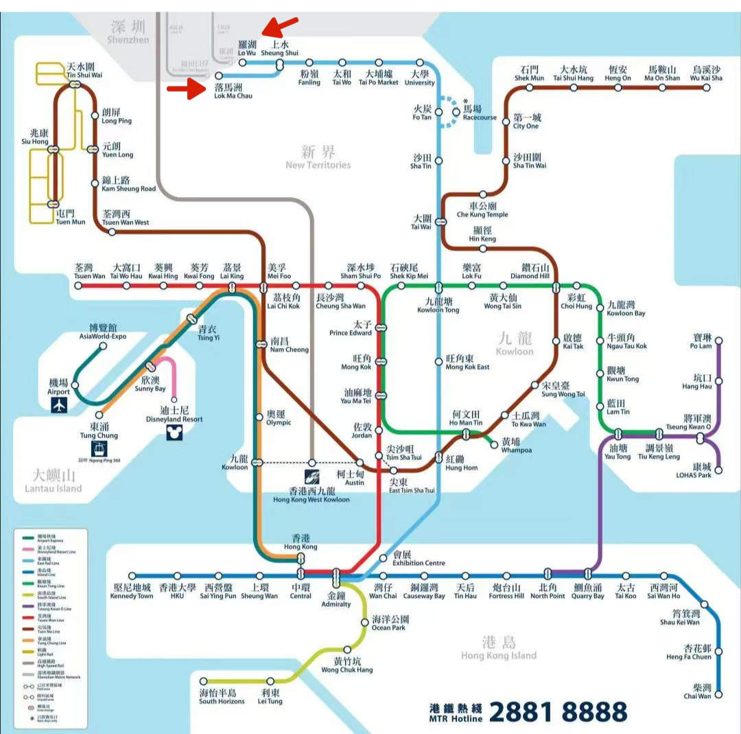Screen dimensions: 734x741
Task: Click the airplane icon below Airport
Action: point(60,405)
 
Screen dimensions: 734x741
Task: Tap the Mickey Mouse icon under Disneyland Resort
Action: point(174,432)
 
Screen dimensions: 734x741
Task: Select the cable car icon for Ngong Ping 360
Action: point(101,449)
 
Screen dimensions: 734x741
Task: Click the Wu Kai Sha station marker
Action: point(707,88)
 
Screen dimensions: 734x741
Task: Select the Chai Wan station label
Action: point(698,692)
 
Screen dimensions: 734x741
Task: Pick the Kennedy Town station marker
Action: point(132,577)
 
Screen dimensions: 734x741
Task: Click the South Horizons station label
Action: point(222,697)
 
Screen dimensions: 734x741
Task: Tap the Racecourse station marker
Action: point(456,111)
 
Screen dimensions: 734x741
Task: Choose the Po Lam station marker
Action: point(718,341)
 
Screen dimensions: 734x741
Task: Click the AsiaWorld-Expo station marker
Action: point(103,346)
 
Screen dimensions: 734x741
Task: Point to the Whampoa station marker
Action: point(494,444)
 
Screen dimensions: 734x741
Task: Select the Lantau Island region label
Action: point(53,481)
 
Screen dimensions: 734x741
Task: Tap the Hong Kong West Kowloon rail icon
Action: point(312,477)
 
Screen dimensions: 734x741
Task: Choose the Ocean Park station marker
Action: point(365,622)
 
